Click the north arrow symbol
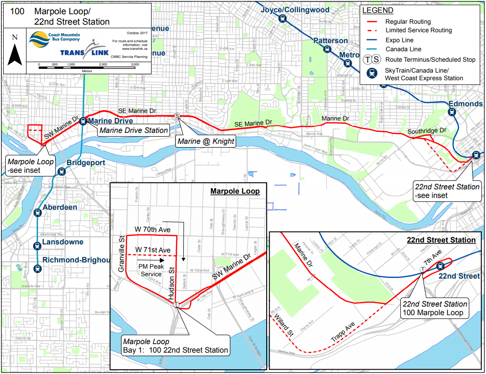pyautogui.click(x=15, y=53)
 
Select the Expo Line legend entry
pyautogui.click(x=399, y=40)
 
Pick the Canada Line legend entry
pyautogui.click(x=403, y=49)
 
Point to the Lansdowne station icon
pyautogui.click(x=37, y=245)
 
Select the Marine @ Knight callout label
pyautogui.click(x=205, y=141)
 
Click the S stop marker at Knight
pyautogui.click(x=177, y=116)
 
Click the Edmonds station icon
pyautogui.click(x=451, y=112)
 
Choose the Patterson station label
pyautogui.click(x=330, y=41)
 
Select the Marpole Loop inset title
pyautogui.click(x=235, y=191)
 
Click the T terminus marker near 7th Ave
pyautogui.click(x=423, y=269)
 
